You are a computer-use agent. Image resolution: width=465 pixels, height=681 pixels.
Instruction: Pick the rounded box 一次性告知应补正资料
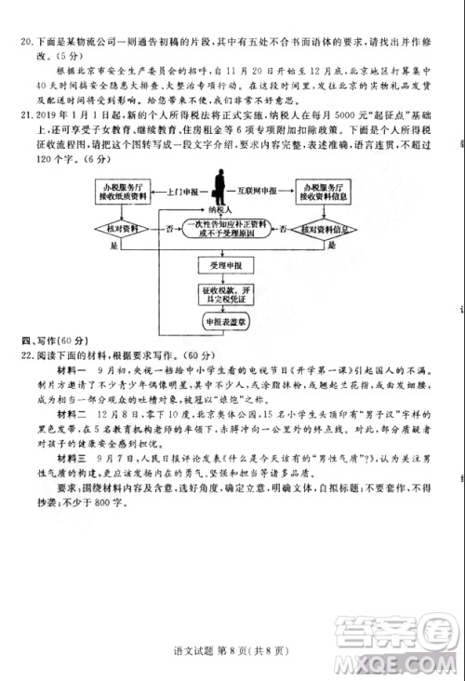[226, 228]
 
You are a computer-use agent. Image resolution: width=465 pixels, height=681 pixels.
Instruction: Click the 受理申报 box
[226, 266]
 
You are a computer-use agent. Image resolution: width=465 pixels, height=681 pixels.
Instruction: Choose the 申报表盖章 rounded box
[226, 322]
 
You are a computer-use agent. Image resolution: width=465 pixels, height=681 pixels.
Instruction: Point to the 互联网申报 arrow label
[269, 190]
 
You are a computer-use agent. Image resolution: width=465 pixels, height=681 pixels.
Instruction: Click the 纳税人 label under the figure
[220, 211]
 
